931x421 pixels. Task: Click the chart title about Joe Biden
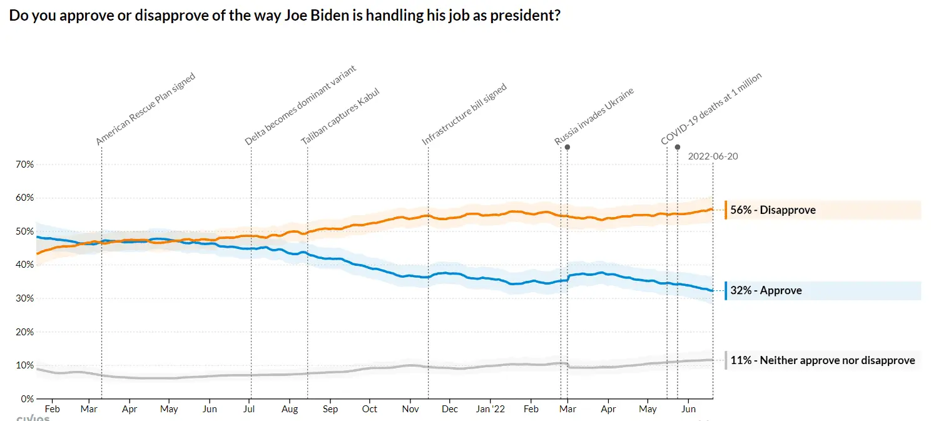284,15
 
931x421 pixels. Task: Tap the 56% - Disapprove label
773,210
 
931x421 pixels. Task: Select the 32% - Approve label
765,291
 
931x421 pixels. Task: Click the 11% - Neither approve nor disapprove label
822,360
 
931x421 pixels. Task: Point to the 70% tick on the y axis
25,165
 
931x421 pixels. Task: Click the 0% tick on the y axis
28,398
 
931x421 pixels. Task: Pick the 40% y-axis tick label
25,265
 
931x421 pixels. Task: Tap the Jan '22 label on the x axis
490,409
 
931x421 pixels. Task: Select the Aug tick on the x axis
290,409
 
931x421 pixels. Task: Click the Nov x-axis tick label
410,409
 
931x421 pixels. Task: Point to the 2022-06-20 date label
713,156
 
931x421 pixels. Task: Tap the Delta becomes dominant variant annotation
300,105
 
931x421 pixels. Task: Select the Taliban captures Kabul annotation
340,116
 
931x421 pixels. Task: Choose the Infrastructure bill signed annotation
464,114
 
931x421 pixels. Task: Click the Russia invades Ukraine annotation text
594,116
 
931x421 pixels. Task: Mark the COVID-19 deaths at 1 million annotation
711,109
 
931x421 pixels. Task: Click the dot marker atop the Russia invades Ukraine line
567,147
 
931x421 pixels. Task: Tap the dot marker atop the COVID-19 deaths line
678,147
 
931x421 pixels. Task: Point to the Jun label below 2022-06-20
688,409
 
